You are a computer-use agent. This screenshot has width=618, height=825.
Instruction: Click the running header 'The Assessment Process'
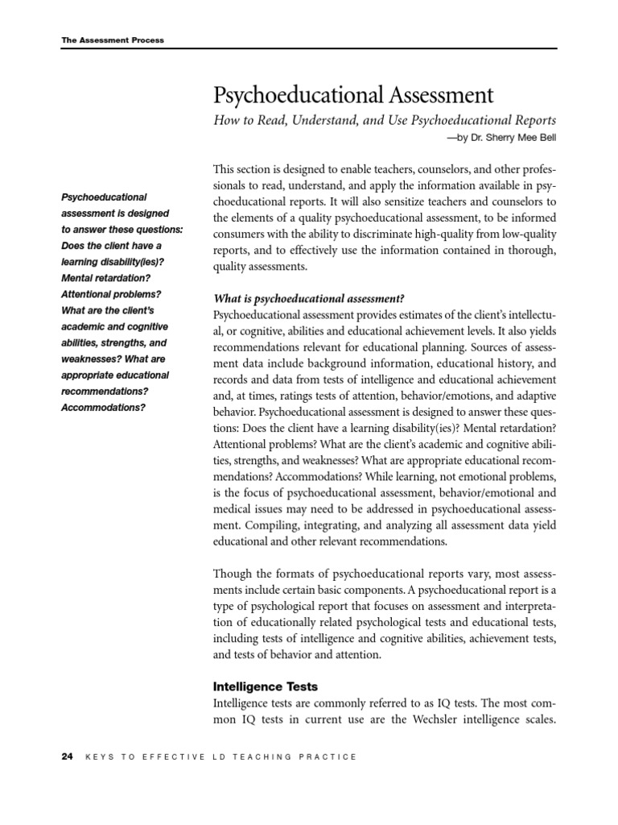tap(113, 39)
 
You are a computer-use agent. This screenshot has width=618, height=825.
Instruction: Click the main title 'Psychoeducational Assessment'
tap(352, 95)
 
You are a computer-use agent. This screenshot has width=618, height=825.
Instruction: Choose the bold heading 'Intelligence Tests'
tap(266, 686)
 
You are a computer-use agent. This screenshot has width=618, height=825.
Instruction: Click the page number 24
tap(68, 757)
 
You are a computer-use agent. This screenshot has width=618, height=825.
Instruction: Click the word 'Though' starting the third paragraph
tap(233, 574)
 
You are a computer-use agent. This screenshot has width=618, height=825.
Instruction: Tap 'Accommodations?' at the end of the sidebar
tap(103, 407)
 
